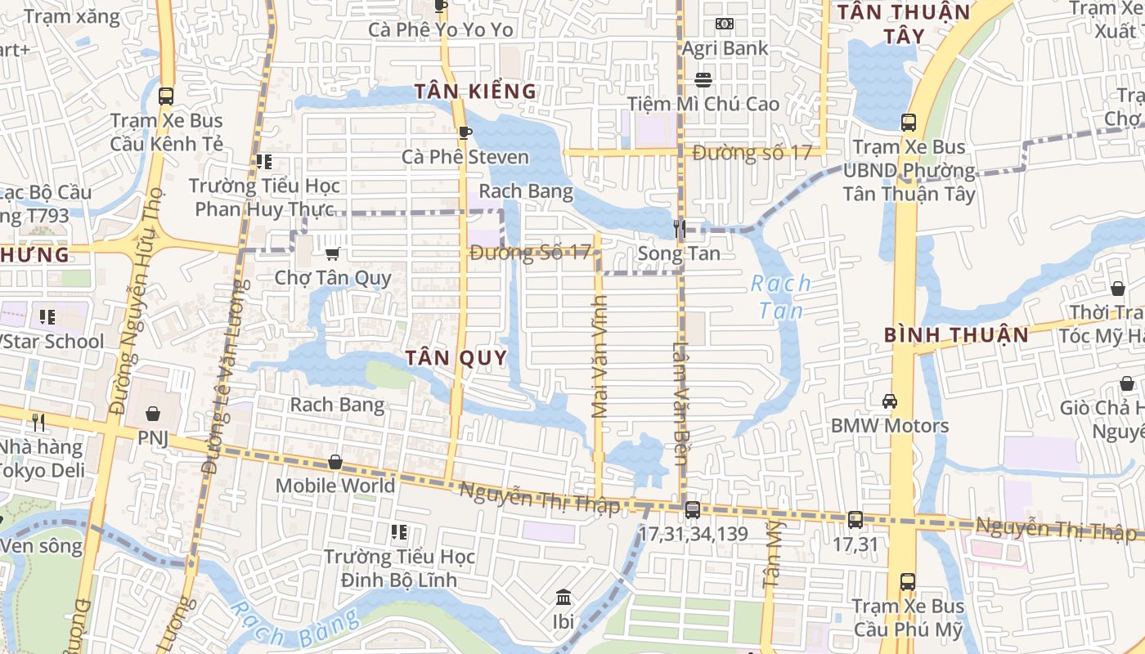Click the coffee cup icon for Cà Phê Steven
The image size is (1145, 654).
pyautogui.click(x=465, y=132)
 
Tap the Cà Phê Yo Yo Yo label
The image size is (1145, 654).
pyautogui.click(x=440, y=30)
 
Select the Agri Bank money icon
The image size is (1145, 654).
pyautogui.click(x=725, y=24)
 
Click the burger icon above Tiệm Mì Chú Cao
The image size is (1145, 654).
pyautogui.click(x=703, y=80)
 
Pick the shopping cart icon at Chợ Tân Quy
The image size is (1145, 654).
pyautogui.click(x=332, y=253)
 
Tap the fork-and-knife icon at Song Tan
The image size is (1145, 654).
pyautogui.click(x=679, y=229)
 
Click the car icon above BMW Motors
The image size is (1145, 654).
pyautogui.click(x=890, y=401)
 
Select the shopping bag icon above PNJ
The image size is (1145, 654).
pyautogui.click(x=152, y=414)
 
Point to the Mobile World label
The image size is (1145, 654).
pyautogui.click(x=335, y=486)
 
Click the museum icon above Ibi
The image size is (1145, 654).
pyautogui.click(x=563, y=598)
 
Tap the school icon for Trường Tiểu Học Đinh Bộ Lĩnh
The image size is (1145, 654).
pyautogui.click(x=399, y=532)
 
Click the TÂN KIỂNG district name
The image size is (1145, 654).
pyautogui.click(x=475, y=92)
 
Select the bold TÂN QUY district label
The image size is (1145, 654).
pyautogui.click(x=456, y=358)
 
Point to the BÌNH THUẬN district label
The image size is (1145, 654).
pyautogui.click(x=956, y=335)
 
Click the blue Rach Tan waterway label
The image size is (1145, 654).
pyautogui.click(x=781, y=297)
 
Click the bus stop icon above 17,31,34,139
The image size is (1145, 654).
pyautogui.click(x=692, y=510)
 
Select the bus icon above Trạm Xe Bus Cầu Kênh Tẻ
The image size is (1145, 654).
pyautogui.click(x=166, y=96)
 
